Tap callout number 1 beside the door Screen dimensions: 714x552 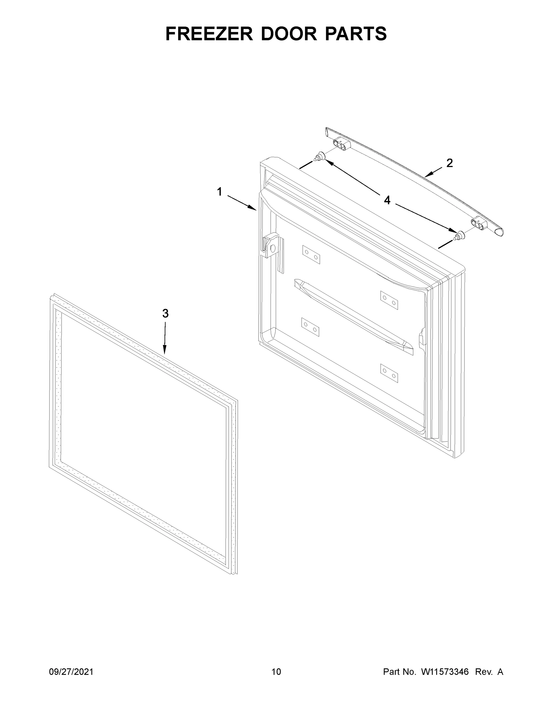pos(219,192)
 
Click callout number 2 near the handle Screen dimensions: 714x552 pos(450,163)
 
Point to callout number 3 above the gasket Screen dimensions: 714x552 pos(165,314)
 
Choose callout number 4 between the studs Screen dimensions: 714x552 pos(387,200)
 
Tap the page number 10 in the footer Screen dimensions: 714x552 pos(276,671)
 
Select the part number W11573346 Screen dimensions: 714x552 pos(445,671)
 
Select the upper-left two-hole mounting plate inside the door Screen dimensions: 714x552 pos(311,255)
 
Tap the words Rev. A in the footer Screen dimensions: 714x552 pos(489,671)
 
